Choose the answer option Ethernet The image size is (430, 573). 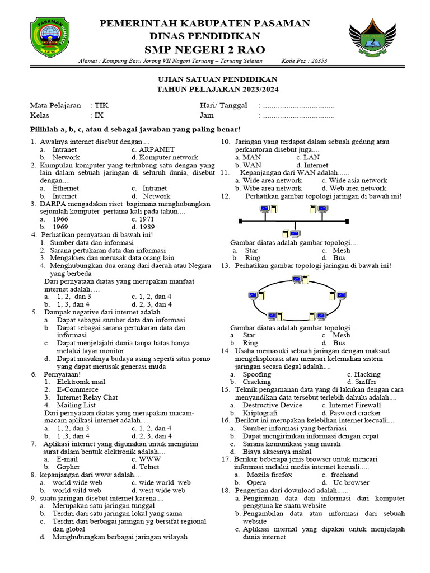(x=66, y=189)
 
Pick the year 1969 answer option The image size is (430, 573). (x=60, y=227)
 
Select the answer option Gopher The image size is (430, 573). (x=68, y=467)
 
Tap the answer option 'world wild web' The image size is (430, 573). (x=77, y=490)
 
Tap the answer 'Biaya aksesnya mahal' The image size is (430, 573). (x=277, y=451)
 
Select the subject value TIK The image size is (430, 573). (x=101, y=105)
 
